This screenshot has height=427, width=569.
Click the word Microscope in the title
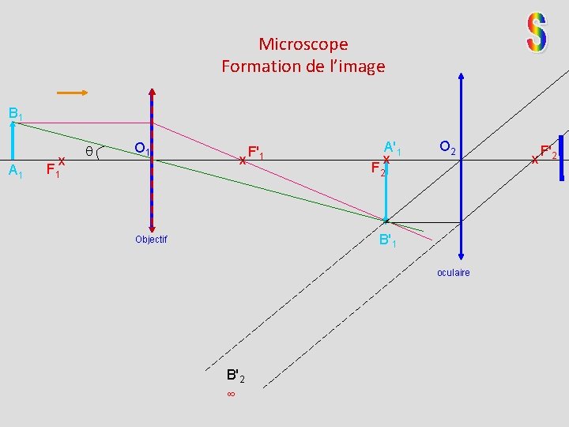coord(303,44)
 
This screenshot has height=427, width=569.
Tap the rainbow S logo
coord(537,33)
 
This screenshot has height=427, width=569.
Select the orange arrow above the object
coord(72,93)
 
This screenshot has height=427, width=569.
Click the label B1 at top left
coord(15,114)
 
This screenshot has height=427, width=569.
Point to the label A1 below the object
coord(15,172)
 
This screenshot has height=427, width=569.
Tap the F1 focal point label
coord(52,169)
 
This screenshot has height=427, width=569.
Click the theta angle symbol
coord(89,150)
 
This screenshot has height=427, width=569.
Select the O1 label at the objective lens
coord(142,149)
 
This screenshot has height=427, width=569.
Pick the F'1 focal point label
coord(256,152)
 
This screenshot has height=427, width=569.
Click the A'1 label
coord(393,148)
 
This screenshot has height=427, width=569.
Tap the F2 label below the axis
coord(379,168)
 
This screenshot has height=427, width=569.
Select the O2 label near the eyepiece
coord(447,147)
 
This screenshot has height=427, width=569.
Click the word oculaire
coord(453,273)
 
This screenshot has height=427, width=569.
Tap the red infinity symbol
coord(231,393)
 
